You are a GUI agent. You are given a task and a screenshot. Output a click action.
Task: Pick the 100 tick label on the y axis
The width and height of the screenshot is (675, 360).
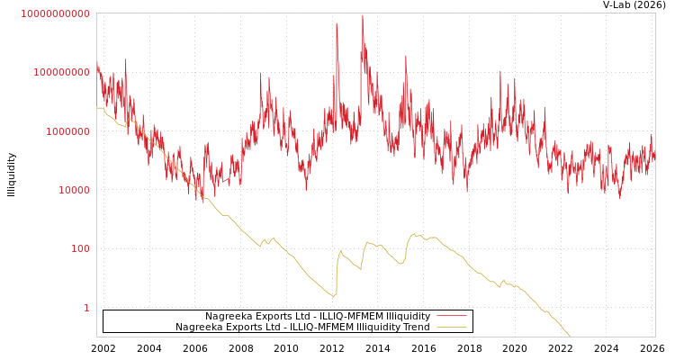click(x=80, y=248)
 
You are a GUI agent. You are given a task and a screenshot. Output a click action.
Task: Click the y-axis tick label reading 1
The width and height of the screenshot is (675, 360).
click(x=86, y=308)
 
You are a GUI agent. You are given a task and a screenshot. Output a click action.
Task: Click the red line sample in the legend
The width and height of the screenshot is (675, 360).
click(x=451, y=316)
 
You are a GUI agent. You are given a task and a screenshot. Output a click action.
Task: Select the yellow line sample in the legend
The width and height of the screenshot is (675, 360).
click(x=451, y=327)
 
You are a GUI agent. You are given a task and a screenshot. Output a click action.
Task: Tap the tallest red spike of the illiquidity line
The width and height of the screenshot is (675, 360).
click(x=363, y=15)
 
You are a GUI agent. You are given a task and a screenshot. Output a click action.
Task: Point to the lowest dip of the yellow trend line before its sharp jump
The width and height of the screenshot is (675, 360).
click(x=334, y=296)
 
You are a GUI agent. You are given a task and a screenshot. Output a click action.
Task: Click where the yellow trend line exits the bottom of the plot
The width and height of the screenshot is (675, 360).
click(x=570, y=336)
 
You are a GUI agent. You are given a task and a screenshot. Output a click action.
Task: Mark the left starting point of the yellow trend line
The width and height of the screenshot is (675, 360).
click(x=97, y=108)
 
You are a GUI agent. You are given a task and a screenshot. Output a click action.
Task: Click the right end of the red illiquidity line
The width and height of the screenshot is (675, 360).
click(x=654, y=155)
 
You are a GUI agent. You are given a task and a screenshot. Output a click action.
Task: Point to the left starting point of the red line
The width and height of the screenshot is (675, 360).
click(x=97, y=65)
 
